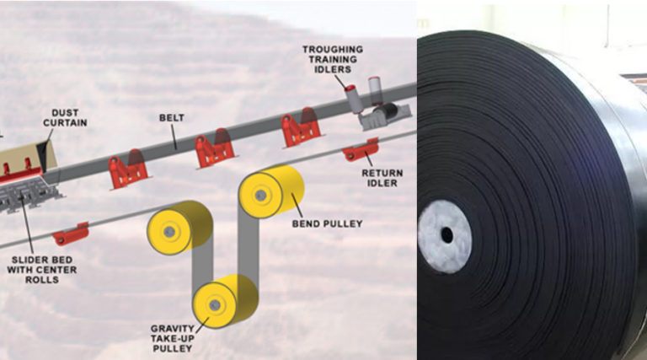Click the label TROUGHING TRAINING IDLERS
click(333, 60)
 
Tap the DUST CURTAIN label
click(65, 118)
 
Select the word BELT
click(172, 118)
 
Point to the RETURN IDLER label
click(382, 178)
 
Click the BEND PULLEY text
click(327, 223)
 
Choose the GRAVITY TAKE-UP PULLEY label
click(173, 339)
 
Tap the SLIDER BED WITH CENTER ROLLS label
click(41, 270)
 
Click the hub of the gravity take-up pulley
click(215, 305)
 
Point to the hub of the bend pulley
click(260, 196)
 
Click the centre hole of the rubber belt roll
click(446, 236)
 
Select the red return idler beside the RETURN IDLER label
click(361, 150)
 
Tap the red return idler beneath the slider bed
click(71, 234)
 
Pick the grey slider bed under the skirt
click(28, 194)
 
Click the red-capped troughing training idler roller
click(352, 99)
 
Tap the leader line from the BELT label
click(174, 137)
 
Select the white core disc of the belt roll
click(445, 237)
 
